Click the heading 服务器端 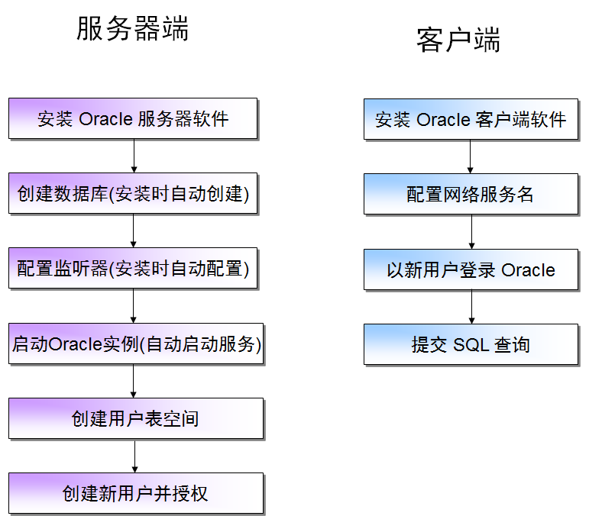point(132,29)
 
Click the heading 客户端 point(458,40)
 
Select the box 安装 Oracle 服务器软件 point(133,118)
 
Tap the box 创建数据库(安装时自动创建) point(133,194)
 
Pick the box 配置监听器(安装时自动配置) point(133,269)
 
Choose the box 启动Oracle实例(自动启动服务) point(136,344)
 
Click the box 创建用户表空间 point(136,418)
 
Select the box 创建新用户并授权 point(136,493)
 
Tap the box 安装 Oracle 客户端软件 point(470,119)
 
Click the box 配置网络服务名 point(470,194)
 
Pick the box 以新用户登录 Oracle point(470,269)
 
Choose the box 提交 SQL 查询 point(470,344)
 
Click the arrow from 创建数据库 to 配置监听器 point(134,231)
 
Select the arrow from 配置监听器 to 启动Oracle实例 point(134,306)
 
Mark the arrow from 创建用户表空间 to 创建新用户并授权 point(135,456)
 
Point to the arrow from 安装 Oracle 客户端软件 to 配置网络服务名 point(471,156)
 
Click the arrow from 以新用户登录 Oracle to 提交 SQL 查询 point(471,307)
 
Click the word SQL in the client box point(471,344)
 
